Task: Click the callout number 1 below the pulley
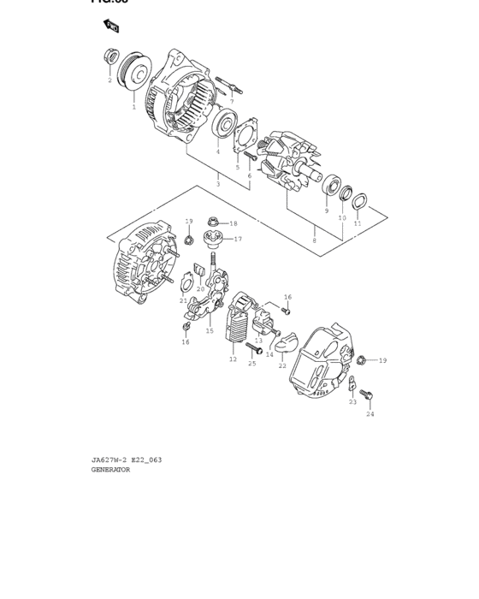click(x=133, y=108)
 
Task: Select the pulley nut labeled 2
click(x=110, y=58)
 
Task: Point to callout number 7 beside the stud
click(x=231, y=101)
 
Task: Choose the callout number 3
click(x=218, y=184)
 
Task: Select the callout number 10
click(x=341, y=218)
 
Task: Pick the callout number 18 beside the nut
click(x=233, y=223)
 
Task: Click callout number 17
click(x=238, y=239)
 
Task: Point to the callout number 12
click(x=233, y=359)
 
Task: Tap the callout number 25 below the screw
click(x=252, y=364)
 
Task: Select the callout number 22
click(x=282, y=365)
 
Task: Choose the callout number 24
click(x=370, y=414)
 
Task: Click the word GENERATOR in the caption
click(x=110, y=470)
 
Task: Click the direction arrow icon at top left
click(x=110, y=27)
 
